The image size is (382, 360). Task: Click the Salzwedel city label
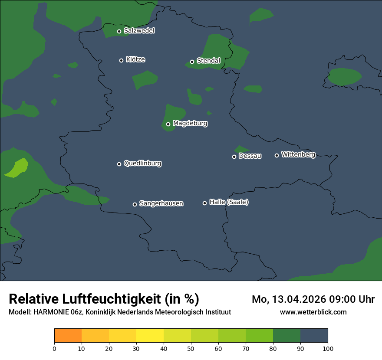click(139, 31)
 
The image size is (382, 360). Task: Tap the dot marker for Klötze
click(122, 60)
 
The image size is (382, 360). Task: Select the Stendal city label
click(208, 61)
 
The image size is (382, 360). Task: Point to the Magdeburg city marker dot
click(168, 124)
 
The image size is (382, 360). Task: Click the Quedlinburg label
click(142, 164)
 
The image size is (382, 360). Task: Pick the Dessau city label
click(250, 156)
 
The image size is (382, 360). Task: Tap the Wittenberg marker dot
click(277, 155)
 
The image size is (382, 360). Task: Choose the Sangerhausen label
click(161, 203)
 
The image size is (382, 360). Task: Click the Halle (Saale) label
click(229, 203)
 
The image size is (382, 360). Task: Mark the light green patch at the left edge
click(17, 168)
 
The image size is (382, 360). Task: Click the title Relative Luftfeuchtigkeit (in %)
click(104, 299)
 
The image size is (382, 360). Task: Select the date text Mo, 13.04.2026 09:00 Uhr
click(313, 299)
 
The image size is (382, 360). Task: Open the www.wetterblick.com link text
click(313, 312)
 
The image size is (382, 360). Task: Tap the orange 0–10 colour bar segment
click(68, 336)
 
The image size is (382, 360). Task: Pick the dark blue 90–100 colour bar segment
click(314, 336)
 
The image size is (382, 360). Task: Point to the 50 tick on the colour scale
click(191, 348)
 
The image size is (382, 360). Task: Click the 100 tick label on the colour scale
click(328, 348)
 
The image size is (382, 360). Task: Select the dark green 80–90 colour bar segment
click(286, 336)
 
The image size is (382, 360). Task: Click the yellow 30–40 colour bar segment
click(150, 336)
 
